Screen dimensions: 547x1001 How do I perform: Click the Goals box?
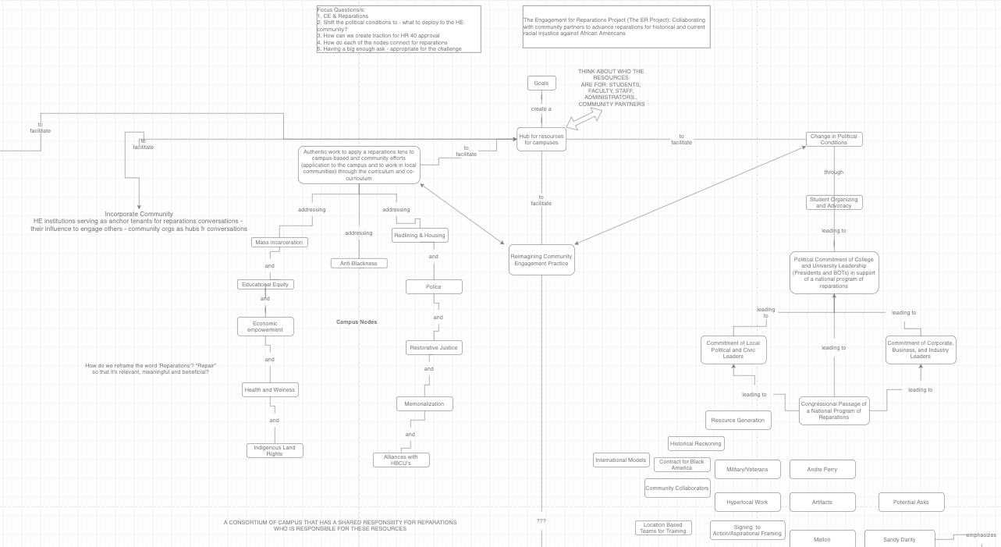coord(541,83)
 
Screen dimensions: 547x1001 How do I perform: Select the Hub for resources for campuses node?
coord(541,140)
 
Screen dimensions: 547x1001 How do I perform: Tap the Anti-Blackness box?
coord(359,263)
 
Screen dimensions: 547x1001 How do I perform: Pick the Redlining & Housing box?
coord(420,235)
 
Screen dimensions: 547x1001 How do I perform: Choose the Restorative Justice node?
coord(434,347)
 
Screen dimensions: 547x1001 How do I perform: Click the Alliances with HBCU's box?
coord(401,460)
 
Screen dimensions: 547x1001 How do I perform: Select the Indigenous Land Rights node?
coord(275,450)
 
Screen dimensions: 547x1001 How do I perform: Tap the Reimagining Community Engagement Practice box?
coord(541,260)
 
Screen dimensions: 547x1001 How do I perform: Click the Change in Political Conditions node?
coord(834,139)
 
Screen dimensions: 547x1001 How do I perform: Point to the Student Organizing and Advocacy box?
coord(834,202)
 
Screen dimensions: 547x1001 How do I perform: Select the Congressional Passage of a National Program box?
coord(834,410)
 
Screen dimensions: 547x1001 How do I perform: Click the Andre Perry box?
coord(822,469)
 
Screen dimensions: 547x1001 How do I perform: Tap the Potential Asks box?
coord(911,502)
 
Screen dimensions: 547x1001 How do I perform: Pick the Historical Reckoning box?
coord(697,443)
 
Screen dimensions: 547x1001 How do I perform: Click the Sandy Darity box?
coord(900,538)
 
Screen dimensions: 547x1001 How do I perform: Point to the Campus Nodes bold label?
coord(357,321)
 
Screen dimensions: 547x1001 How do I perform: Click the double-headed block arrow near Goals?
coord(584,119)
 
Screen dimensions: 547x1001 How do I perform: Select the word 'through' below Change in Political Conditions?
coord(833,172)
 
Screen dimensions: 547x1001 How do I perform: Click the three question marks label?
coord(541,520)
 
